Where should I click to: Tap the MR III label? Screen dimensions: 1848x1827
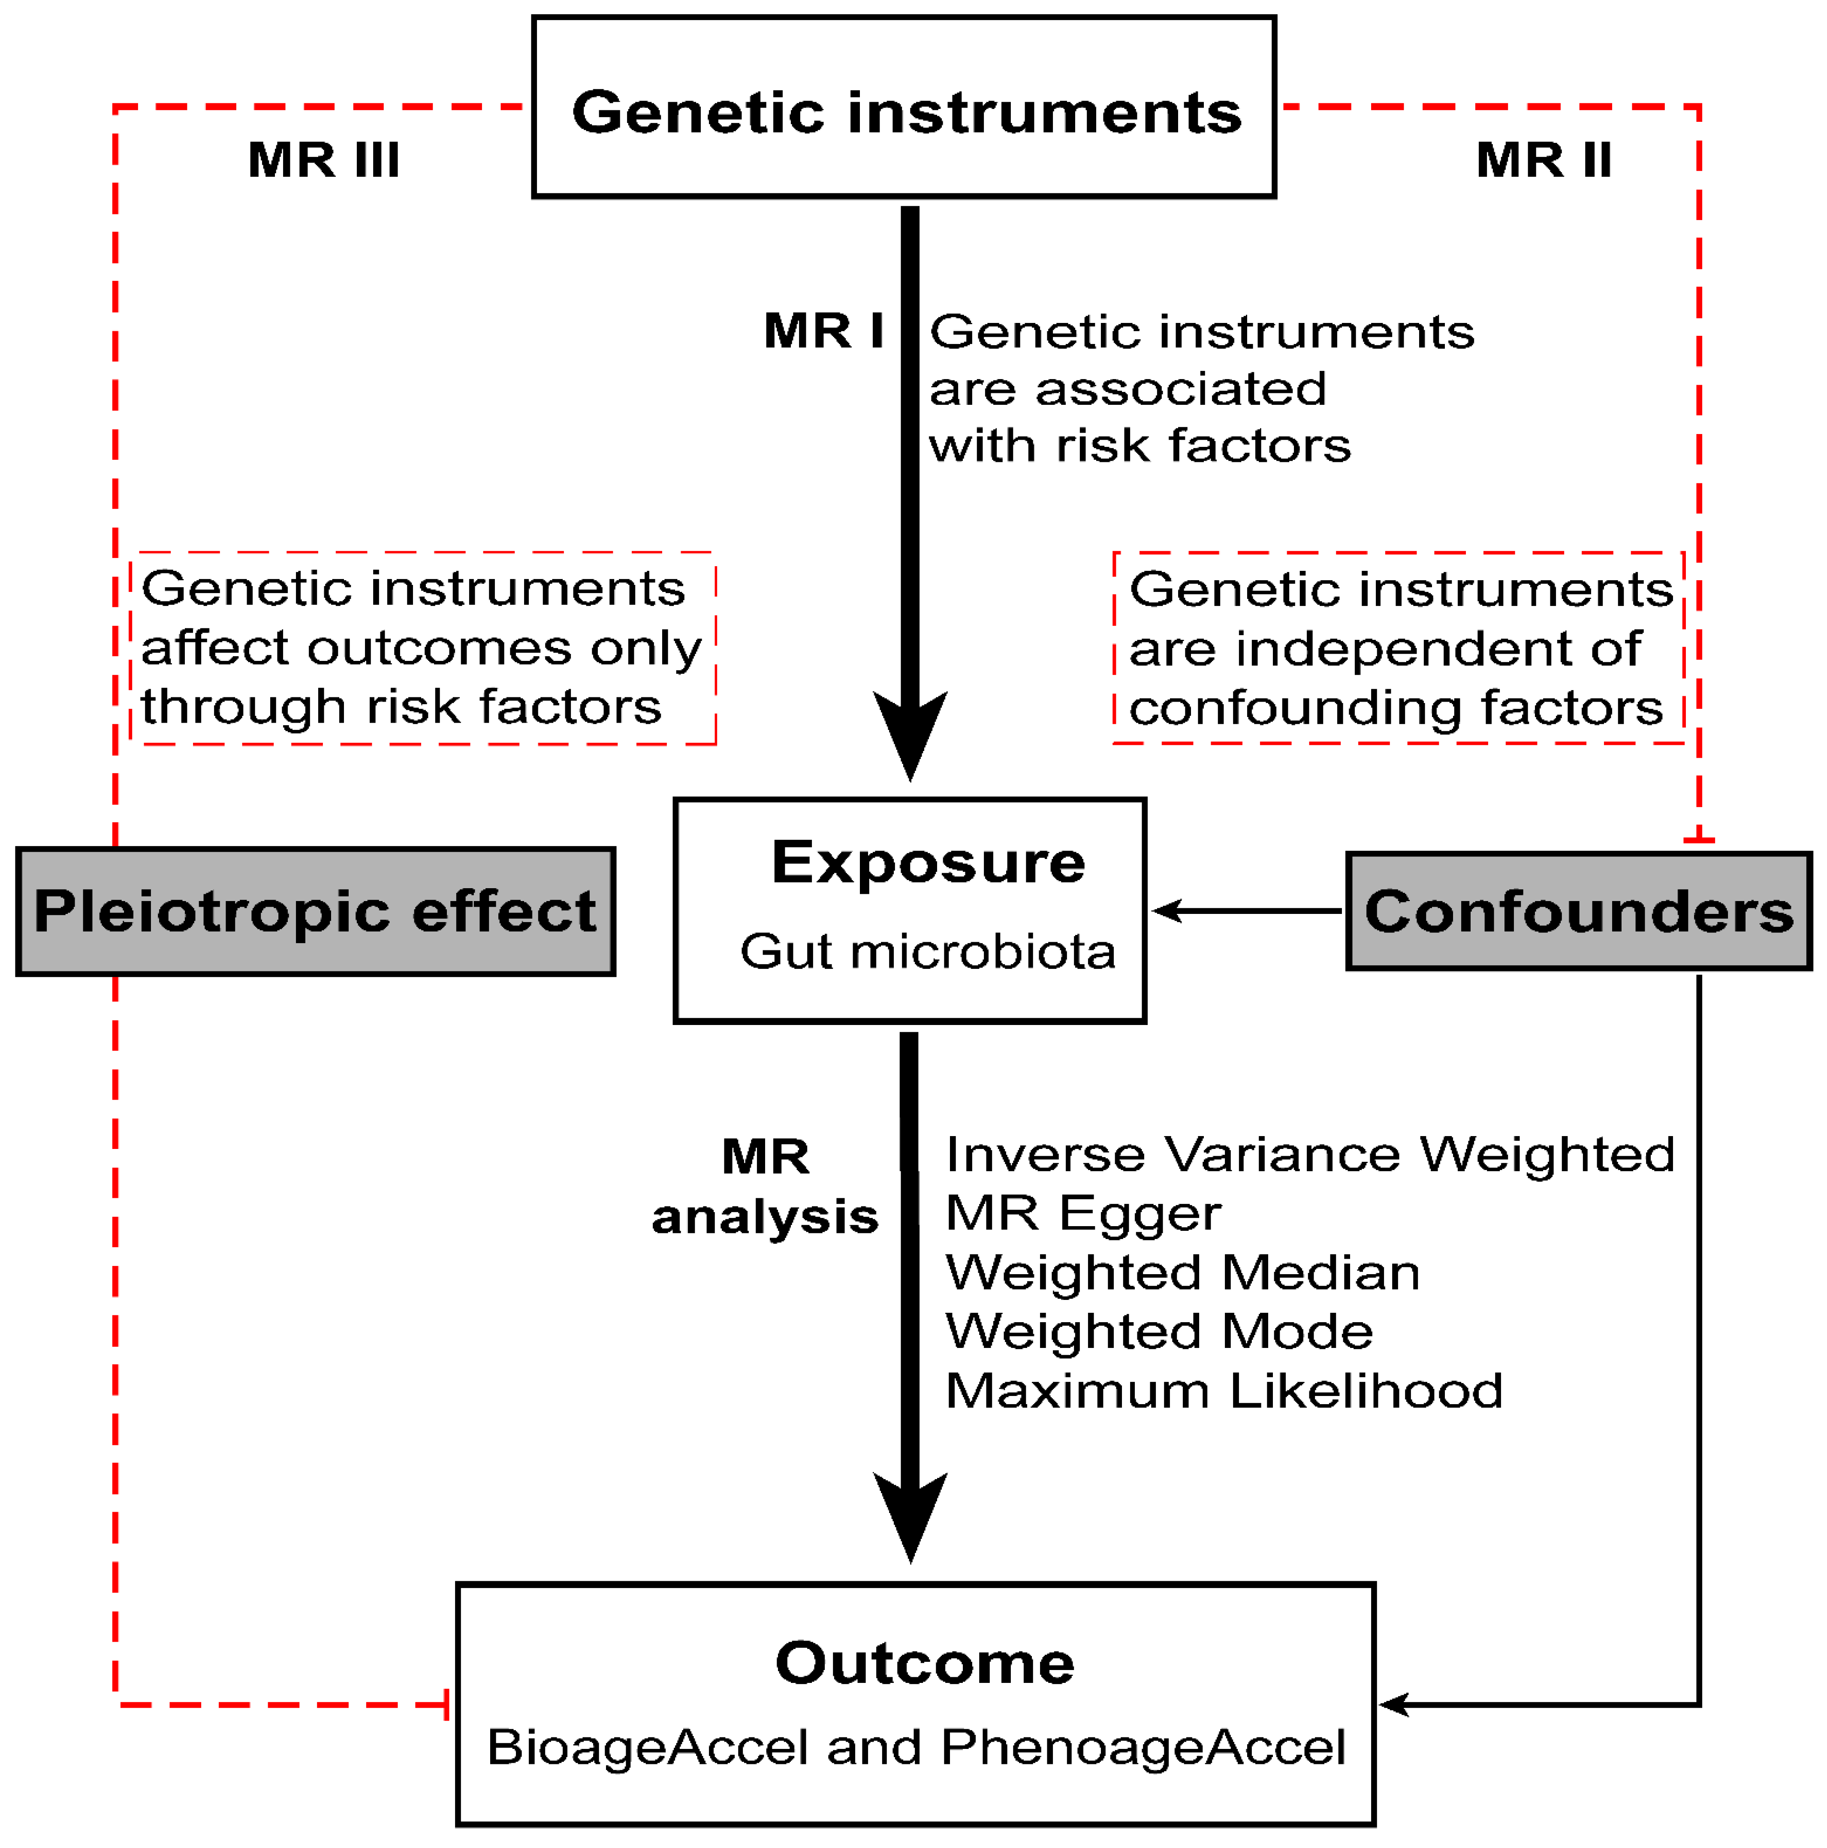(x=323, y=160)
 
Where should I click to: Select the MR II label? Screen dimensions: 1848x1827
(x=1543, y=160)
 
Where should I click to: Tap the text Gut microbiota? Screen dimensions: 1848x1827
(x=928, y=952)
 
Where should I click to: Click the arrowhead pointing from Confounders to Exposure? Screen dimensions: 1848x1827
(x=1166, y=910)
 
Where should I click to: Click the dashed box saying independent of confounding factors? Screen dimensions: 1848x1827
(x=1399, y=648)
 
